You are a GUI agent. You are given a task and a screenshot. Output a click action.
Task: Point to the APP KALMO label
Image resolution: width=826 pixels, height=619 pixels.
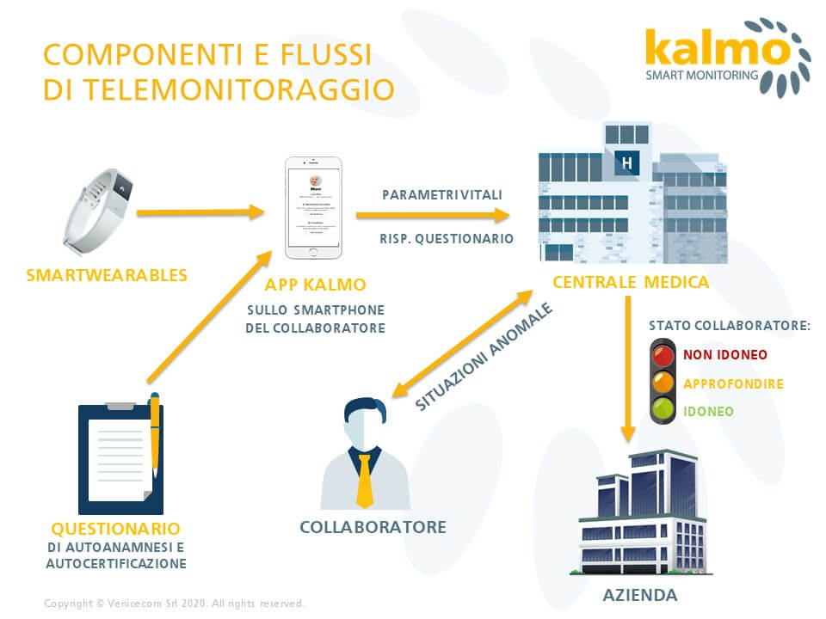pos(315,285)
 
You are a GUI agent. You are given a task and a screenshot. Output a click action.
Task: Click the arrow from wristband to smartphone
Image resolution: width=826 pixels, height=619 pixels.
pos(199,211)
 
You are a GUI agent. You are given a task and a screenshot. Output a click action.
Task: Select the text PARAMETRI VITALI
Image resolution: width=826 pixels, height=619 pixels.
pos(442,195)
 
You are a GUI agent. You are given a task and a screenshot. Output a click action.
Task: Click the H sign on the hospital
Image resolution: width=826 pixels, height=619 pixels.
pos(626,161)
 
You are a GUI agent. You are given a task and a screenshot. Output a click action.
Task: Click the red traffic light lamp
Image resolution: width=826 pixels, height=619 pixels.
pos(663,354)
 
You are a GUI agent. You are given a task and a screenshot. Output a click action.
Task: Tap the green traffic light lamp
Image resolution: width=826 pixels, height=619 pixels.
pos(663,411)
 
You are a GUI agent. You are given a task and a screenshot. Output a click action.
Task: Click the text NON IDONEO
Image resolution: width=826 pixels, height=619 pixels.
pos(725,354)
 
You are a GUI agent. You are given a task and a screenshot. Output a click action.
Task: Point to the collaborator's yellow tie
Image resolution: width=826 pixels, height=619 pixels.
pos(365,481)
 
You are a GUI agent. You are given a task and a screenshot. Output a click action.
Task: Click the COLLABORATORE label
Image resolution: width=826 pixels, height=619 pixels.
pos(373,527)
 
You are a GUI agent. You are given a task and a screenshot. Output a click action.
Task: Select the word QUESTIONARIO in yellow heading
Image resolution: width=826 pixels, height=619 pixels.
pos(115,528)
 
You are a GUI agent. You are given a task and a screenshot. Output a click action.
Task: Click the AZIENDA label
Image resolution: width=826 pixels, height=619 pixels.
pos(639,595)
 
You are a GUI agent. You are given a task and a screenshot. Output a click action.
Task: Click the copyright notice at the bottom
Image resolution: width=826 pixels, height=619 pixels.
pos(174,604)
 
